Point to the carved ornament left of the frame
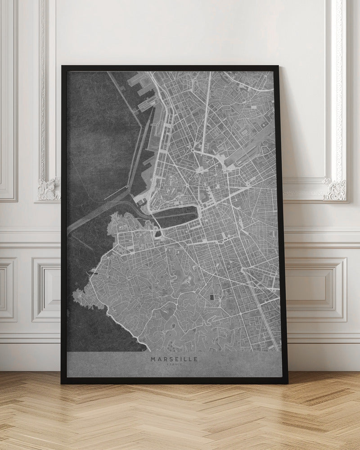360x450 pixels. [49, 189]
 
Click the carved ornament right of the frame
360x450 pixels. [335, 189]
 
